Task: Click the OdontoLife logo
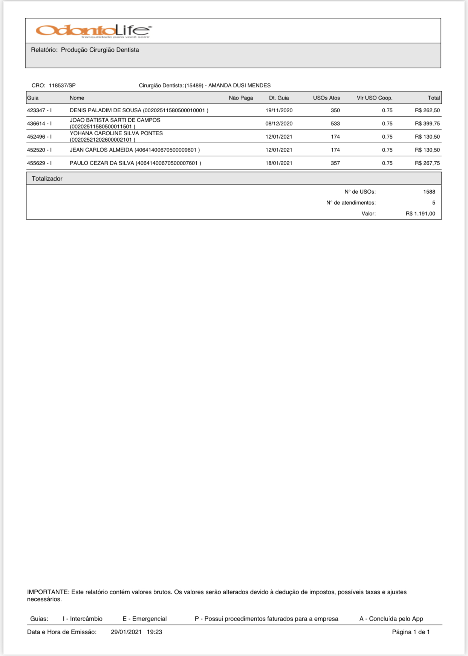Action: tap(94, 31)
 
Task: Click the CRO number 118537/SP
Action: tap(62, 86)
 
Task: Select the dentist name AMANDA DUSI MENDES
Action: tap(239, 86)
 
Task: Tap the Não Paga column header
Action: tap(241, 98)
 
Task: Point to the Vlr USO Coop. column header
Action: tap(375, 98)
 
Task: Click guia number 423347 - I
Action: tap(39, 110)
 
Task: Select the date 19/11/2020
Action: tap(279, 110)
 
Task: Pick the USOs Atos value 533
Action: tap(335, 124)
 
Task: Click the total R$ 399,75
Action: tap(427, 124)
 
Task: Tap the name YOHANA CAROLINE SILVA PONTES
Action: tap(116, 133)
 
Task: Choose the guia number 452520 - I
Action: tap(39, 150)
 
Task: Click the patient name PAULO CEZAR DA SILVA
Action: tap(102, 163)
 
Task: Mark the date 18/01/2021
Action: tap(279, 163)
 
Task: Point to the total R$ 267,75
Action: tap(427, 163)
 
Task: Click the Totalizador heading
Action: tap(47, 179)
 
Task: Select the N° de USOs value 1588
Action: tap(429, 192)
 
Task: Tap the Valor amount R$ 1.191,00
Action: tap(420, 214)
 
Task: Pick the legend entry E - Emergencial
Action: tap(144, 619)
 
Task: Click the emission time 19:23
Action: tap(154, 632)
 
